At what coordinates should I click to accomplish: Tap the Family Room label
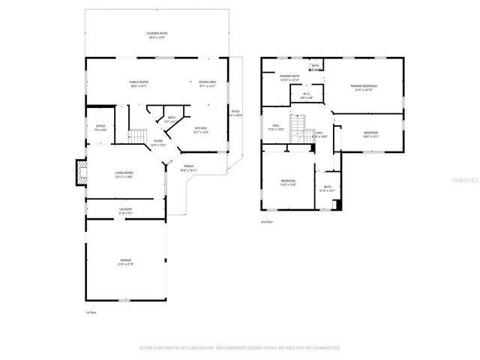coord(139,83)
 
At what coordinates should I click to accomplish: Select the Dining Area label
coord(208,83)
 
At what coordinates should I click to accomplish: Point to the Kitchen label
coord(201,130)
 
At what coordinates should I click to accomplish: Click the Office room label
coord(100,127)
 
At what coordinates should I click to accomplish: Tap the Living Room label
coord(124,175)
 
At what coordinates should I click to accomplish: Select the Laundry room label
coord(125,211)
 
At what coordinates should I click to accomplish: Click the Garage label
coord(125,262)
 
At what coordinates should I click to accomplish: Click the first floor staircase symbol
coord(137,136)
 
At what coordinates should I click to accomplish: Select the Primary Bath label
coord(289,78)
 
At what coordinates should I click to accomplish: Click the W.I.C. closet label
coord(307,96)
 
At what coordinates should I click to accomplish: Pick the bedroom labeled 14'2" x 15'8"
coord(289,182)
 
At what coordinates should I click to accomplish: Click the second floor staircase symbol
coord(299,127)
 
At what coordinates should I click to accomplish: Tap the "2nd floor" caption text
coord(267,222)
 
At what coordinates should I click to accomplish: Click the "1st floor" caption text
coord(90,312)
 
